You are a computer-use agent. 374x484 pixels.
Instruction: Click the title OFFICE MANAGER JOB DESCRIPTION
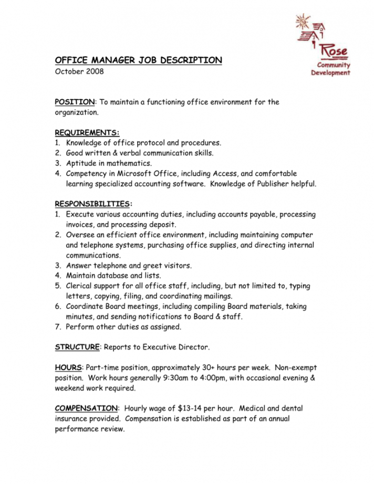[x=139, y=60]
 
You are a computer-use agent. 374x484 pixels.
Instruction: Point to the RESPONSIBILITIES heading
[x=93, y=204]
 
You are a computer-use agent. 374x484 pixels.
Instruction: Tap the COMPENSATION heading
[x=86, y=408]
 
